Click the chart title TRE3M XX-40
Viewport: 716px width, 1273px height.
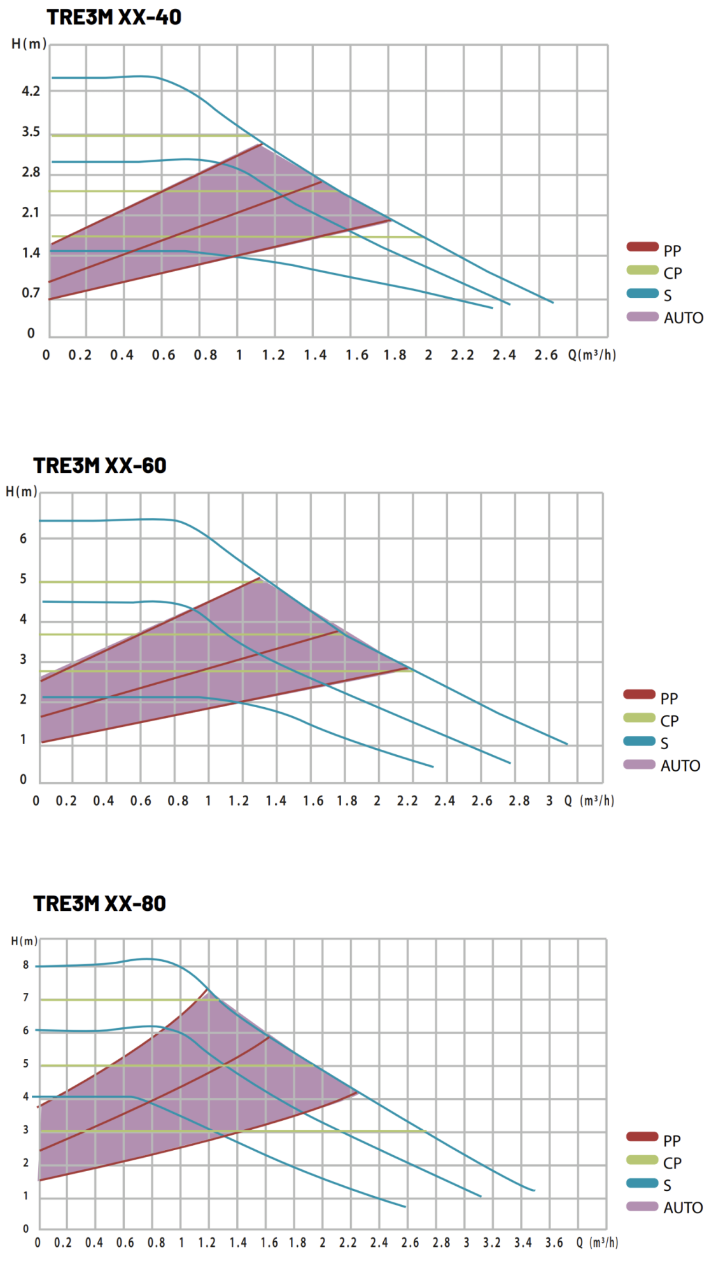[x=114, y=17]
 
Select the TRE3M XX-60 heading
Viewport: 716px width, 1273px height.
[x=100, y=465]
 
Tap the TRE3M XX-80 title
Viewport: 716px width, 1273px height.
[x=100, y=903]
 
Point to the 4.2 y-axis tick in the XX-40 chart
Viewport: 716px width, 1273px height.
[x=31, y=91]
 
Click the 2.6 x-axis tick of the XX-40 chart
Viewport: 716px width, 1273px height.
[x=545, y=355]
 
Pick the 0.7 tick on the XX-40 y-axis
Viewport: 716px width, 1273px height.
[x=31, y=293]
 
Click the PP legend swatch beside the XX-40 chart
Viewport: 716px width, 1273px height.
[x=642, y=247]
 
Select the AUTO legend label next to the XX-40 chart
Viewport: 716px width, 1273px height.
[x=684, y=318]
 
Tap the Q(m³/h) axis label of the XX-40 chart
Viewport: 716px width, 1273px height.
[x=592, y=355]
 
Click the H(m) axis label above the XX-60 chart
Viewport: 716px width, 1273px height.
[x=22, y=491]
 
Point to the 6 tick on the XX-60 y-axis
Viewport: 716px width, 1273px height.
[x=24, y=538]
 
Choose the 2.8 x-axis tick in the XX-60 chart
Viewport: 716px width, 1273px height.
[x=519, y=801]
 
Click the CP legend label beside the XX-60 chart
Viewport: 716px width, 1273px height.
[x=670, y=721]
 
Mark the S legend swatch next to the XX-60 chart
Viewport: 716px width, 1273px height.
[x=640, y=741]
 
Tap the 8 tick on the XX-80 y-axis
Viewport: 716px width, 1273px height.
[x=26, y=965]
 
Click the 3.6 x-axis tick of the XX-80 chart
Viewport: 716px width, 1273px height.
[x=554, y=1242]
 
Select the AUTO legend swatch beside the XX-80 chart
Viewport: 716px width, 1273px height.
[x=642, y=1206]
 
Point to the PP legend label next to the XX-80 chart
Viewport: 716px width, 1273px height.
[x=672, y=1141]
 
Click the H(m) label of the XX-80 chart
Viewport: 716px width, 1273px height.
[x=25, y=941]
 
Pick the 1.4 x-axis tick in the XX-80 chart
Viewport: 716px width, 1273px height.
[x=238, y=1242]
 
